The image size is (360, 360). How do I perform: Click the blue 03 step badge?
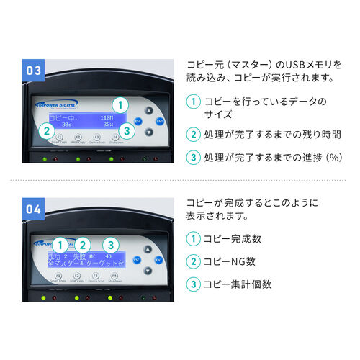tap(34, 71)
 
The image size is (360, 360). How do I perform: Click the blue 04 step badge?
tap(34, 210)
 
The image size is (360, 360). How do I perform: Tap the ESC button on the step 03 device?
tap(138, 121)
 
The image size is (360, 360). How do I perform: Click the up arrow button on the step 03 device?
tap(149, 110)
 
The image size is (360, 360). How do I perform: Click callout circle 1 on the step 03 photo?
tap(122, 104)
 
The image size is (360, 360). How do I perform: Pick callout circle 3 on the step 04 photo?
tap(110, 245)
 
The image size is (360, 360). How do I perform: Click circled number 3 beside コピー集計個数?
tap(192, 284)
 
